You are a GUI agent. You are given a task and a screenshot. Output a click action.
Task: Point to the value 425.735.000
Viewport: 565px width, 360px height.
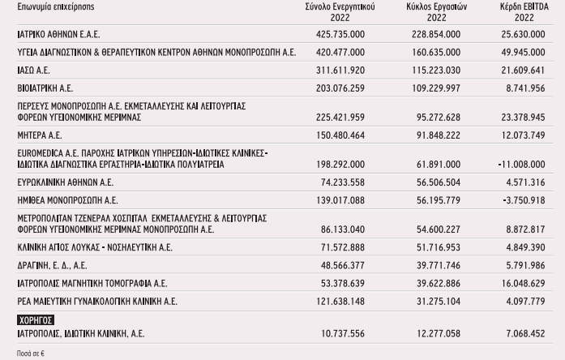pyautogui.click(x=338, y=35)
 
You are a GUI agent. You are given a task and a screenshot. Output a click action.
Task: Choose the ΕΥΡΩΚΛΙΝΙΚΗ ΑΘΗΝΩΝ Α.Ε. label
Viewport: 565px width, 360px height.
pyautogui.click(x=65, y=182)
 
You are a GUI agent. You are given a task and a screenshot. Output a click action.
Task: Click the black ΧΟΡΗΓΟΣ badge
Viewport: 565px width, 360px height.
pyautogui.click(x=36, y=320)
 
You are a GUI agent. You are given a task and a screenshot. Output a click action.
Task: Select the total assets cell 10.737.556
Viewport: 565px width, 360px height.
pyautogui.click(x=341, y=333)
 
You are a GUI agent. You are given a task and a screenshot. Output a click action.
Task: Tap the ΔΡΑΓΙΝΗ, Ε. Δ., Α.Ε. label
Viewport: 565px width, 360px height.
pyautogui.click(x=52, y=264)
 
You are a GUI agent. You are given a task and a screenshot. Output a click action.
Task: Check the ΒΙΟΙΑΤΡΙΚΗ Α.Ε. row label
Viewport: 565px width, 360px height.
pyautogui.click(x=45, y=87)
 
